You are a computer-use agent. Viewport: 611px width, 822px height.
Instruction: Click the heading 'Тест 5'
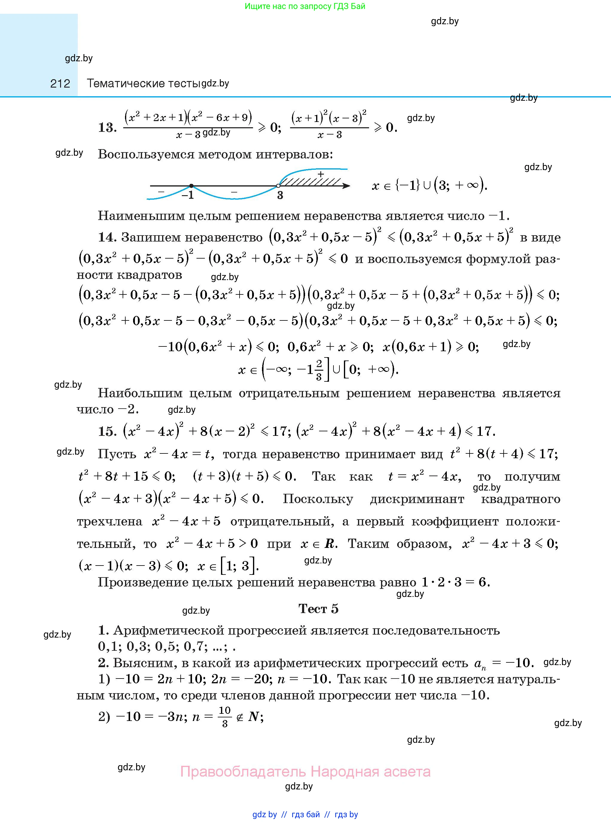pyautogui.click(x=318, y=609)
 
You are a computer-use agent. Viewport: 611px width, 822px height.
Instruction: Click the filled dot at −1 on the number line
pyautogui.click(x=191, y=186)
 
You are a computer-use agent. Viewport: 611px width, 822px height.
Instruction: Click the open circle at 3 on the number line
pyautogui.click(x=278, y=186)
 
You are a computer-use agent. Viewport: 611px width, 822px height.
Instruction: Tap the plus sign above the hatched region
pyautogui.click(x=321, y=174)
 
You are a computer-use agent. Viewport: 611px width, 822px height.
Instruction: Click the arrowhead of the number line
pyautogui.click(x=346, y=186)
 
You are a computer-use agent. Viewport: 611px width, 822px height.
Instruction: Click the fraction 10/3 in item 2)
pyautogui.click(x=225, y=717)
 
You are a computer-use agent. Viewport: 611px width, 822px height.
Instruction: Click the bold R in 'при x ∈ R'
pyautogui.click(x=329, y=544)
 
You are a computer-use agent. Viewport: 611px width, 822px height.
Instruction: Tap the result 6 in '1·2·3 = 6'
pyautogui.click(x=482, y=582)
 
